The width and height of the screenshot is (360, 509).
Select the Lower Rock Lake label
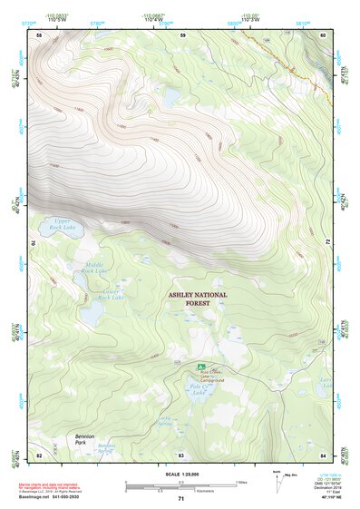[111, 294]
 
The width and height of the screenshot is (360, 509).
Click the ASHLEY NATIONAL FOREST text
[197, 299]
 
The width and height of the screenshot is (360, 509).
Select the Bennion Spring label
[107, 448]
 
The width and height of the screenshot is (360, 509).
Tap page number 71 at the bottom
[180, 499]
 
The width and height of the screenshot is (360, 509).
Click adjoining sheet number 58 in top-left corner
[39, 34]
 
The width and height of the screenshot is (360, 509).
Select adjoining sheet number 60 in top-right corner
[323, 34]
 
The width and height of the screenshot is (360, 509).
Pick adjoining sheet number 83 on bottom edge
[180, 455]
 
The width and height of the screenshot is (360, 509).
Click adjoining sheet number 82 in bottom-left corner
[39, 455]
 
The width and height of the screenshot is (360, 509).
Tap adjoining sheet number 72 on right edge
[327, 242]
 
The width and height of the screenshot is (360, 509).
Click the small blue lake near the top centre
[171, 93]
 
